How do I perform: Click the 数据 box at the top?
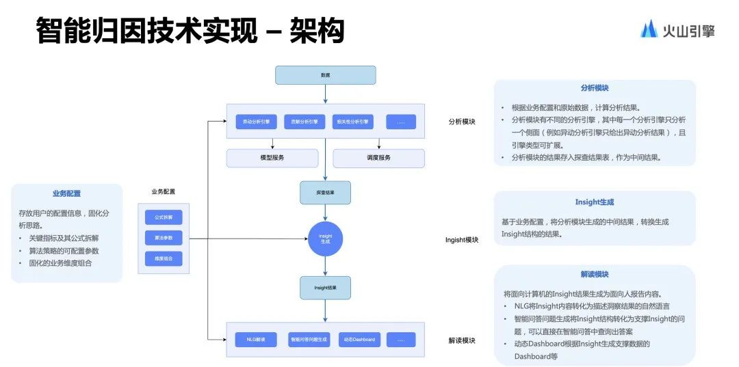(x=325, y=75)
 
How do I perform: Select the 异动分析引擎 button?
(x=257, y=122)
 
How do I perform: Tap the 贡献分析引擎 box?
(x=304, y=122)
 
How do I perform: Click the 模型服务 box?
(x=272, y=159)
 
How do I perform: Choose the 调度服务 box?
(x=378, y=159)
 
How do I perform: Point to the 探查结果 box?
(x=325, y=193)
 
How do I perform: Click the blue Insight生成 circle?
(x=325, y=239)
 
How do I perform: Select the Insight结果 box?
(x=325, y=288)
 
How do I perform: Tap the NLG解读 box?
(x=257, y=340)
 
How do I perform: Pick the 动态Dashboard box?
(x=359, y=340)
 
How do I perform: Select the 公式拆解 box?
(x=164, y=217)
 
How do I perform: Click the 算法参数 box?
(x=164, y=238)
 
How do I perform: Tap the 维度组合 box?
(x=164, y=259)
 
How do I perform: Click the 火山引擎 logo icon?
(x=649, y=29)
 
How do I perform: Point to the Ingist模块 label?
(x=462, y=240)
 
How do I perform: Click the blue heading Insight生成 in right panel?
(x=594, y=202)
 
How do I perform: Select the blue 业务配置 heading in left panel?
(x=66, y=193)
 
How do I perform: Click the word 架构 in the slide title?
(x=317, y=31)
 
